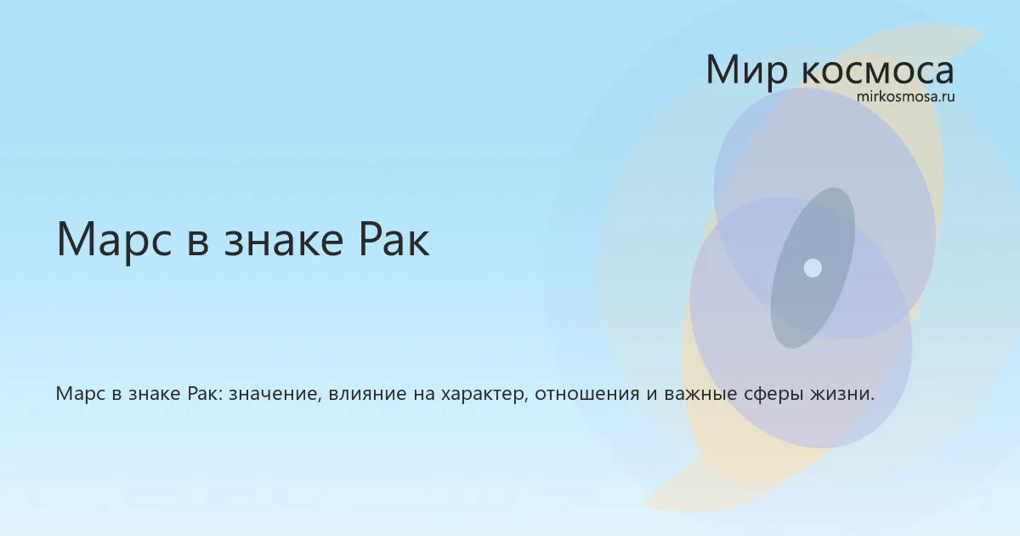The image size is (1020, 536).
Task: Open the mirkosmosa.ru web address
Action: click(906, 97)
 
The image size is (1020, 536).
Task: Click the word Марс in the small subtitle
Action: click(80, 393)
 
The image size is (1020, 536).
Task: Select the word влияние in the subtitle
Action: click(367, 394)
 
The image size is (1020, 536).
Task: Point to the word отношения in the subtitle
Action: click(587, 394)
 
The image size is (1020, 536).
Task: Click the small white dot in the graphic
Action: click(813, 268)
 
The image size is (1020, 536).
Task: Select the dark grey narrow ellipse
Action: click(813, 268)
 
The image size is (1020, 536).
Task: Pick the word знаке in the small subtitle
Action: click(155, 394)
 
